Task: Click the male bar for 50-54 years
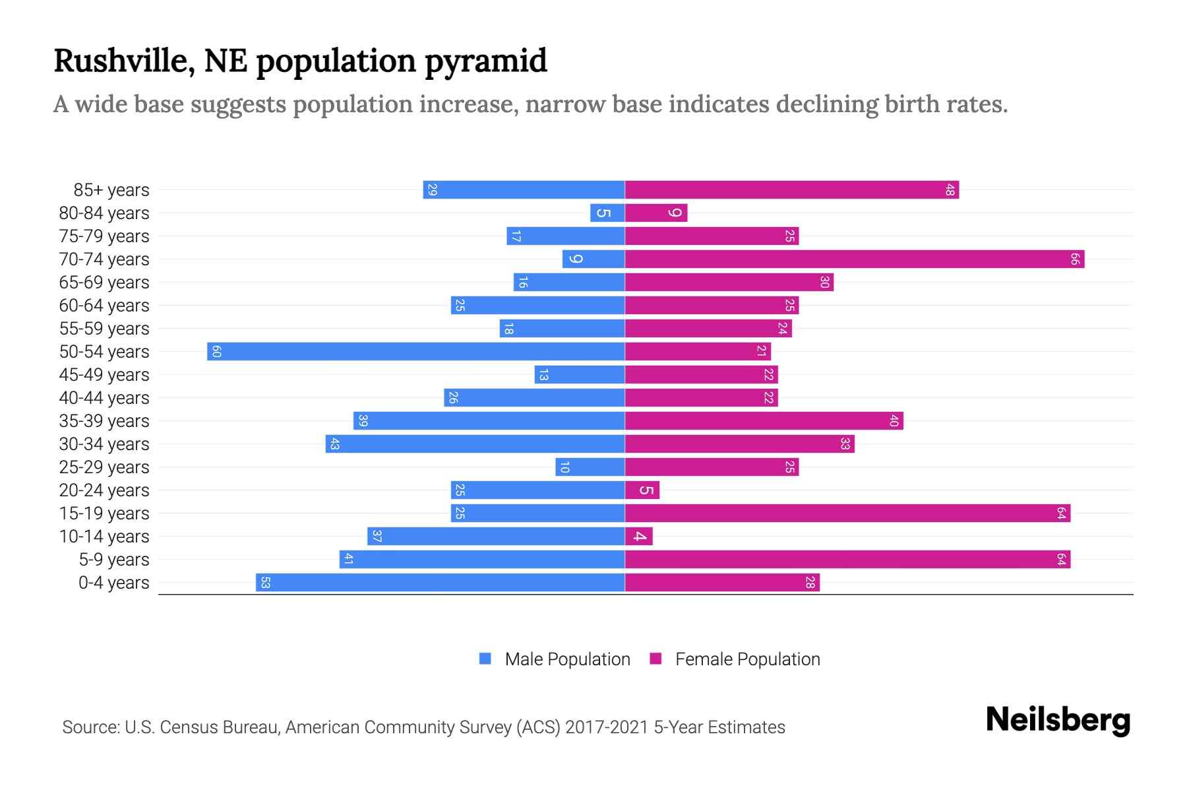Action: pos(415,351)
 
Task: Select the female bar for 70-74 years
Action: pos(854,259)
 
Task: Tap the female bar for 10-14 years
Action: pos(638,536)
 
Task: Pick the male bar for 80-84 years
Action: pos(607,213)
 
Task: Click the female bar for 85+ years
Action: pos(791,189)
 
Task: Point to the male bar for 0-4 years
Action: pos(440,582)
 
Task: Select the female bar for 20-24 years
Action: pos(642,490)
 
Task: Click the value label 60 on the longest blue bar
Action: pos(216,351)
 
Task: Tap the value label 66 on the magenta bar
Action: pos(1074,259)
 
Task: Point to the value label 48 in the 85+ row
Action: pos(950,189)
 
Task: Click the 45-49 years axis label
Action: pos(104,374)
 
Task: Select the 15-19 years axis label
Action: pos(104,513)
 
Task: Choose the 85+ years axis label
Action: pos(111,189)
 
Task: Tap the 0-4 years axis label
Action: pos(113,582)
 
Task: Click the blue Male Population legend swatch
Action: pos(485,659)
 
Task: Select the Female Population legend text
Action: pos(747,659)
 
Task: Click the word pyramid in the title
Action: pos(485,61)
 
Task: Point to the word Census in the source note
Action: pos(187,727)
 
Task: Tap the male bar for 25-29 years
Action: pos(590,467)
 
